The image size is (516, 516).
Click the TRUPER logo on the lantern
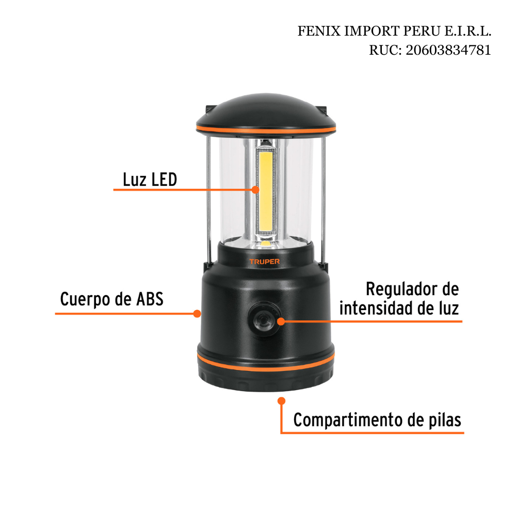pyautogui.click(x=264, y=262)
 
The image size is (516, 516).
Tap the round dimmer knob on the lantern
pyautogui.click(x=264, y=319)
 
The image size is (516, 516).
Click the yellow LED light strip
pyautogui.click(x=266, y=191)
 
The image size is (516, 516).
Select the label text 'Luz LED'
pyautogui.click(x=150, y=180)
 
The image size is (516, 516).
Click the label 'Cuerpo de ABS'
pyautogui.click(x=112, y=299)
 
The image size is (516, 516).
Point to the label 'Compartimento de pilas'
pyautogui.click(x=377, y=420)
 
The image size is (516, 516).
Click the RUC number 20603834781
pyautogui.click(x=448, y=51)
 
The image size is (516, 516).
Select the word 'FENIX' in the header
pyautogui.click(x=319, y=31)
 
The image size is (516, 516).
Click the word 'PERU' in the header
pyautogui.click(x=422, y=31)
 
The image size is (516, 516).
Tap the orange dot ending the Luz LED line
pyautogui.click(x=255, y=189)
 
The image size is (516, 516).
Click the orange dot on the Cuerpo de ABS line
pyautogui.click(x=197, y=314)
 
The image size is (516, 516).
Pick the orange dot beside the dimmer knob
pyautogui.click(x=281, y=321)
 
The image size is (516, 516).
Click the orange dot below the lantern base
pyautogui.click(x=281, y=401)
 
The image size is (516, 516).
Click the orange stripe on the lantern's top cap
pyautogui.click(x=266, y=131)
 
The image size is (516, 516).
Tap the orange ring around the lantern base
pyautogui.click(x=266, y=365)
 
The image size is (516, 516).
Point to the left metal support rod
pyautogui.click(x=208, y=201)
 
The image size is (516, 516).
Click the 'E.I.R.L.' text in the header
pyautogui.click(x=468, y=31)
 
